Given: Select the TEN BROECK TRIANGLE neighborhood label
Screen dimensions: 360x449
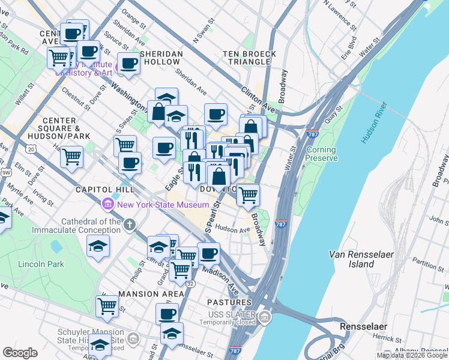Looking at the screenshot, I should point(250,58).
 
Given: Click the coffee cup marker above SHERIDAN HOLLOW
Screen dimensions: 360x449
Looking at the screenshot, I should point(128,62).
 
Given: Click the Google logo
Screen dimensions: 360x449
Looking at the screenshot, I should point(20,353).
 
